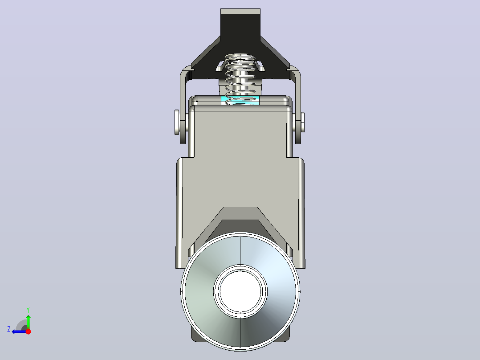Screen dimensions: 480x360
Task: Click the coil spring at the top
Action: (240, 78)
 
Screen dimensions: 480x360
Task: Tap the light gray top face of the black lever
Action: (240, 11)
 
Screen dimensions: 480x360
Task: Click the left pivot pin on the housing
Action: (177, 122)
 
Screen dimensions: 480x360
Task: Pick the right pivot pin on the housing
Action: (302, 122)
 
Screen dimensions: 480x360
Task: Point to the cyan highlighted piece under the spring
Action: (240, 99)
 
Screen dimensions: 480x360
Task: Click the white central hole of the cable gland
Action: (240, 291)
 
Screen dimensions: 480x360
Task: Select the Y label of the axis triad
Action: (28, 310)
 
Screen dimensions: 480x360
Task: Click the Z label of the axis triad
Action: (9, 329)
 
